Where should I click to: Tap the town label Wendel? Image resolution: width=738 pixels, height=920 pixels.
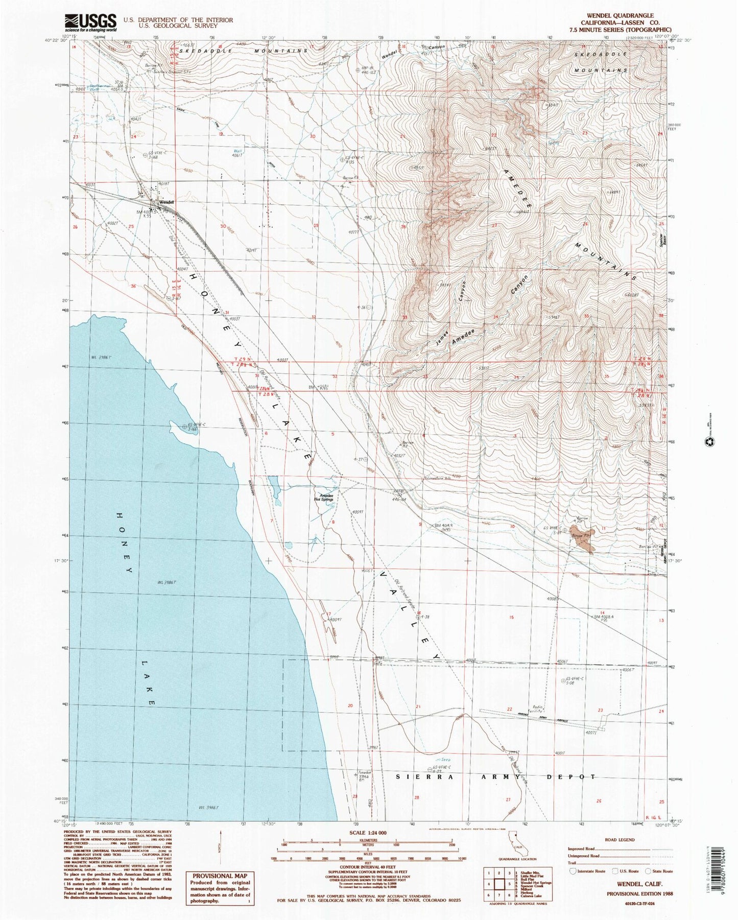pos(167,202)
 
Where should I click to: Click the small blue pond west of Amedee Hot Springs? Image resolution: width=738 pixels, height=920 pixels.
pos(274,488)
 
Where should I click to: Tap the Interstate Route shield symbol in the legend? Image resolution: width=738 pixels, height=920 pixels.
pos(573,871)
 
